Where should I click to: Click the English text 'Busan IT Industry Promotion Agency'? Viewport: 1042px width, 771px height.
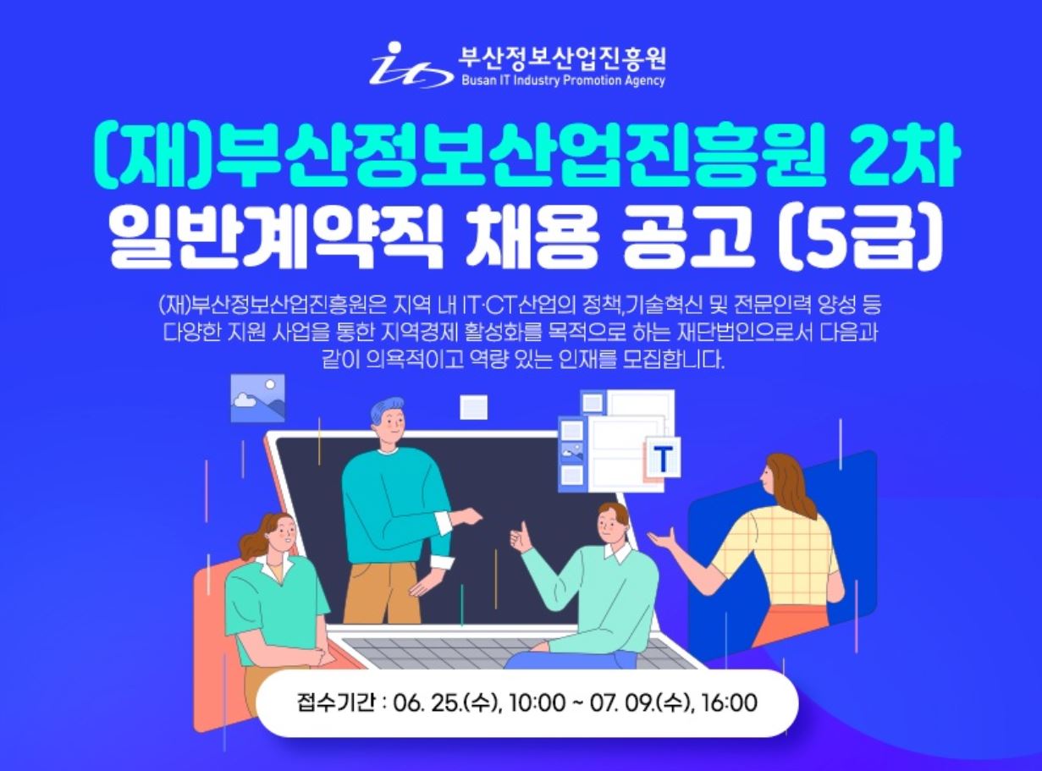click(x=563, y=80)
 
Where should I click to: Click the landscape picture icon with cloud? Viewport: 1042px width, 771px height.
click(x=257, y=398)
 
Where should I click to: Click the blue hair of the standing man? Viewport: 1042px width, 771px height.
click(x=386, y=411)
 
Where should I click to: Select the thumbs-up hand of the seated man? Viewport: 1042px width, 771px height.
click(x=521, y=539)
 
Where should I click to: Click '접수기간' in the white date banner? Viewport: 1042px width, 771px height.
click(x=336, y=703)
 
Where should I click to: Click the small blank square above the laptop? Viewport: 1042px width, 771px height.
click(x=473, y=407)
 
